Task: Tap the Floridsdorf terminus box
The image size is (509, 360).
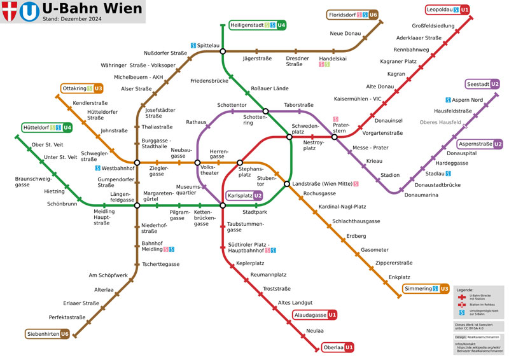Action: [x=353, y=15]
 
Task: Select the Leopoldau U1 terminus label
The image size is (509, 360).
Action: [x=448, y=10]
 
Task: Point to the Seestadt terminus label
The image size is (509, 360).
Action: [x=483, y=84]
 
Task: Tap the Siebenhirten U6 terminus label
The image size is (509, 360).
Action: [x=48, y=334]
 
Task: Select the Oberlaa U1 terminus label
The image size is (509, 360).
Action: [x=338, y=347]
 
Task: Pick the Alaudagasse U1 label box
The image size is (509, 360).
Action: [x=315, y=315]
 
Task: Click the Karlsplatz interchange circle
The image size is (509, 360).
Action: [x=223, y=205]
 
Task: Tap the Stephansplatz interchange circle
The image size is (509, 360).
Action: [x=240, y=163]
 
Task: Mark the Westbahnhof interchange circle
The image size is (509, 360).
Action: [x=137, y=163]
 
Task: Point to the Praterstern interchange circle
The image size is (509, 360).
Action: [x=334, y=137]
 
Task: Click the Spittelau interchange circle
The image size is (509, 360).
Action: [x=223, y=51]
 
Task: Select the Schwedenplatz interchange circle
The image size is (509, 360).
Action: [x=289, y=137]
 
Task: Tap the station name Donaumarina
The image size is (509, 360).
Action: [x=421, y=195]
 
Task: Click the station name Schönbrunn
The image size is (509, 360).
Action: [x=62, y=204]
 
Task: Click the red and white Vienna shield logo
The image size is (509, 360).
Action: [x=9, y=12]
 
